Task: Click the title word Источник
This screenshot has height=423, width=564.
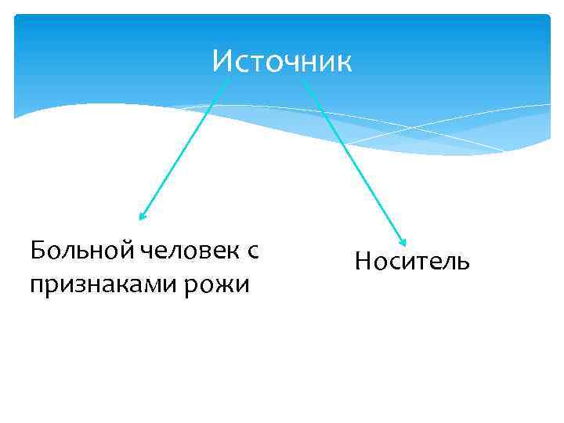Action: tap(282, 61)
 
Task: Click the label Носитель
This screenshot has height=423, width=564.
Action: tap(412, 261)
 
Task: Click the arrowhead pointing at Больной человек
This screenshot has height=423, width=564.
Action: tap(142, 217)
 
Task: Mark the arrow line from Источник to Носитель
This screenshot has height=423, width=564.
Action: tap(352, 157)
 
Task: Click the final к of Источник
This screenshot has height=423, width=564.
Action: tap(345, 62)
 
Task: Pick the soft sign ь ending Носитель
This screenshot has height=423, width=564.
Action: tap(463, 262)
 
